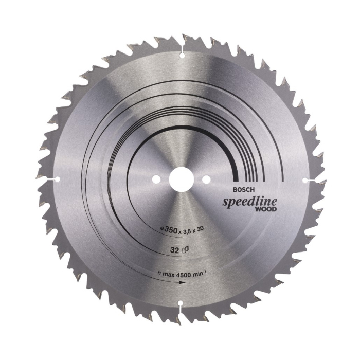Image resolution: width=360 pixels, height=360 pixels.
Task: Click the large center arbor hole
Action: pyautogui.click(x=180, y=179)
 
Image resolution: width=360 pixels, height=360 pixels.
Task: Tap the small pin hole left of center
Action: pyautogui.click(x=156, y=179)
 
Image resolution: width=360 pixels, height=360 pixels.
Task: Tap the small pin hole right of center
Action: pyautogui.click(x=206, y=179)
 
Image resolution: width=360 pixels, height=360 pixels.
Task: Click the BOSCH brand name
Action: pyautogui.click(x=244, y=190)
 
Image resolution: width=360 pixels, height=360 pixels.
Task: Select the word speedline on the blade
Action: pyautogui.click(x=249, y=202)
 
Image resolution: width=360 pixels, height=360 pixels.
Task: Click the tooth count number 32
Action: pyautogui.click(x=175, y=250)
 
